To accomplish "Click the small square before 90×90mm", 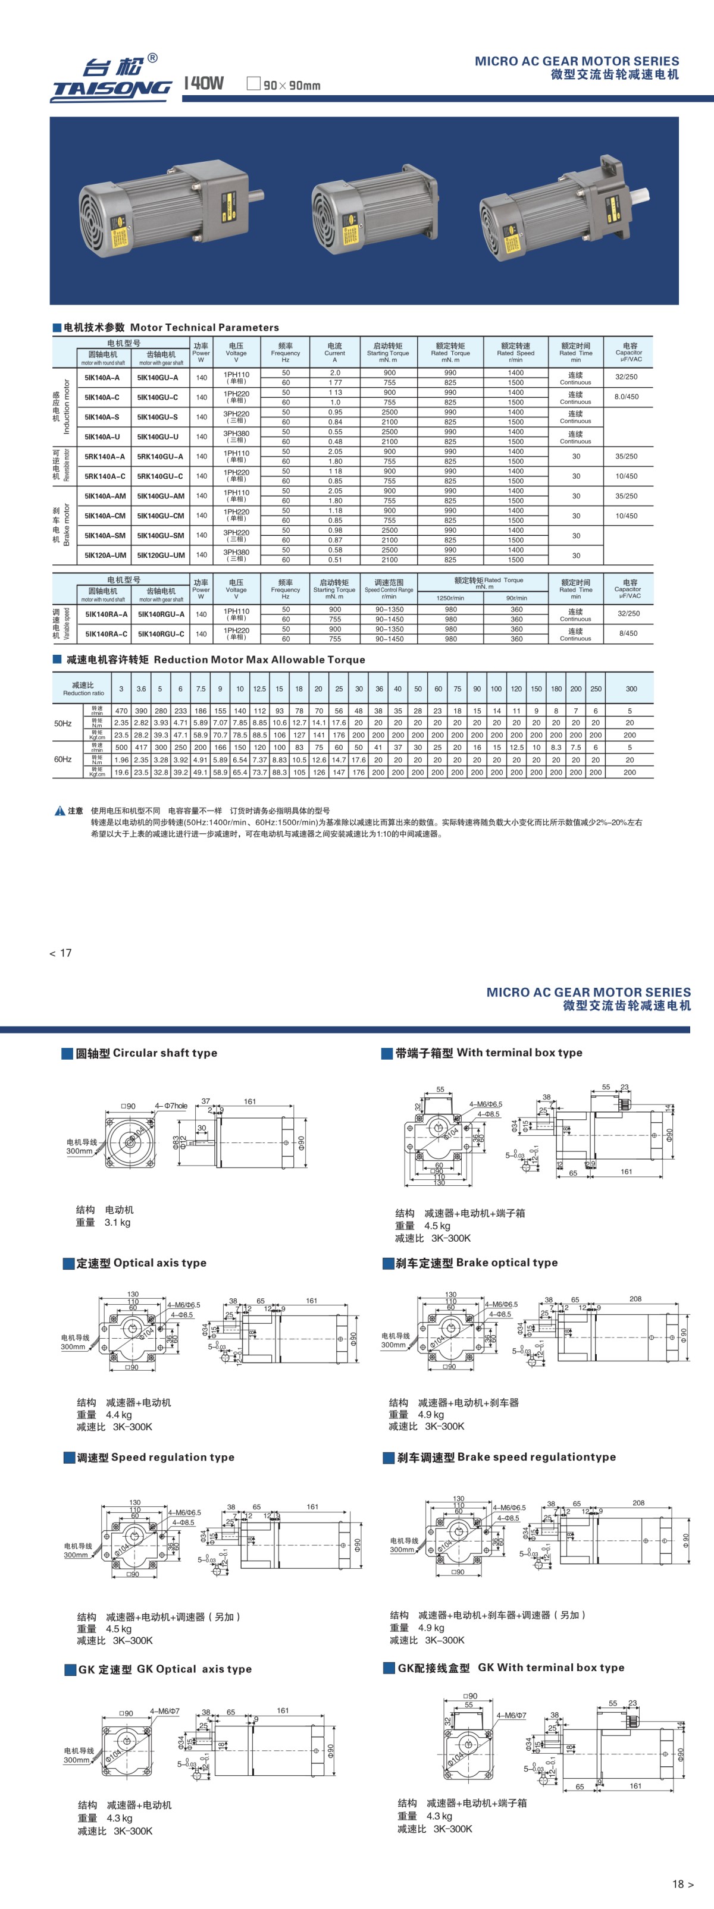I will point(253,84).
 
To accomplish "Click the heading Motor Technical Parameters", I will point(205,328).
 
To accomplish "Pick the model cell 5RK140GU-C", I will point(160,476).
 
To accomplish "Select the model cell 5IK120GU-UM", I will point(161,555).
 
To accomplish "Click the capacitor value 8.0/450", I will point(627,397).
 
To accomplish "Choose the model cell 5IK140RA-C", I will point(106,633).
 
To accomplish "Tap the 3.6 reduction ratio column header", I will point(141,689).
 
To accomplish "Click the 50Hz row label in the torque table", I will point(63,723).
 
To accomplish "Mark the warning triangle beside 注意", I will point(60,811).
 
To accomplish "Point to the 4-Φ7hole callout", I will point(171,1106).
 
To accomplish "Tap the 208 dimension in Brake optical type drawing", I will point(635,1299).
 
